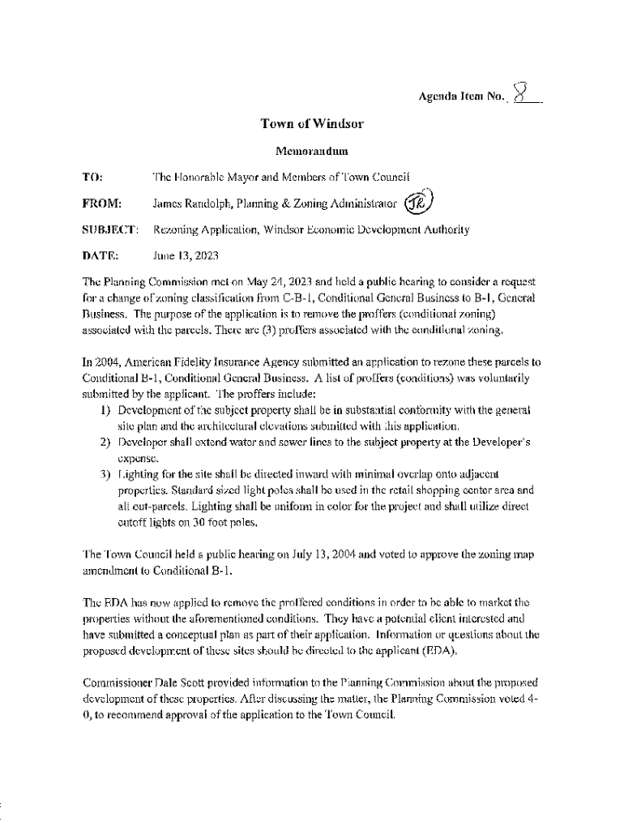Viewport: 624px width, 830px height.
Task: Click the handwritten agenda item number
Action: [x=524, y=96]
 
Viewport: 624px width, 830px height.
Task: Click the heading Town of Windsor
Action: [x=312, y=124]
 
